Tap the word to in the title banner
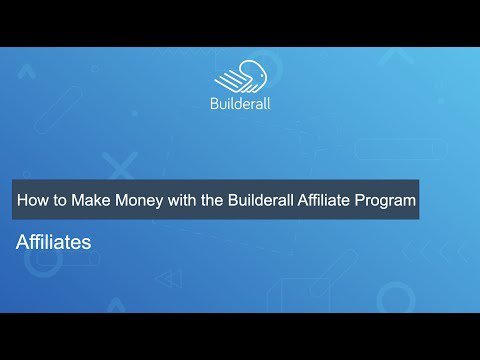click(x=60, y=201)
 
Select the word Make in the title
click(x=91, y=200)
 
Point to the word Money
click(x=139, y=201)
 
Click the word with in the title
click(x=182, y=200)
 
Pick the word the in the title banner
click(x=212, y=200)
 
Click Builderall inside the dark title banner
click(x=261, y=200)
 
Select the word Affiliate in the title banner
click(x=324, y=200)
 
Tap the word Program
click(x=385, y=201)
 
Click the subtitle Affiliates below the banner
click(x=53, y=242)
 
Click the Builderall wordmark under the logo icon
click(x=240, y=103)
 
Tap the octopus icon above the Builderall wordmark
click(x=241, y=76)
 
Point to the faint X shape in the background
click(x=120, y=166)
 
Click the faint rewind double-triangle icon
click(x=169, y=279)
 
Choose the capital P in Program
click(x=359, y=200)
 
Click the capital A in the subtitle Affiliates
click(x=22, y=242)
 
